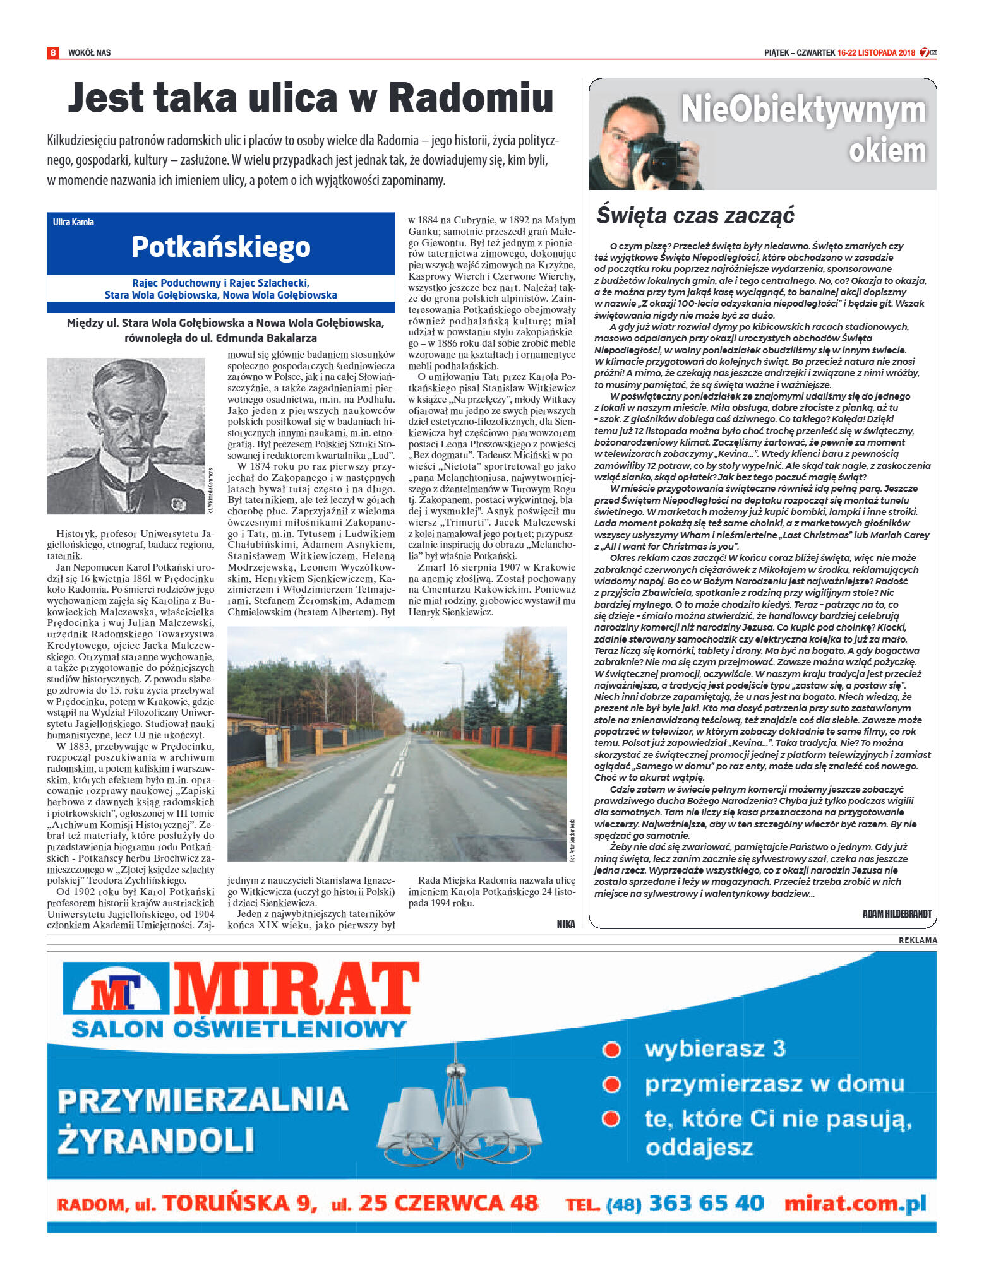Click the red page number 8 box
53,52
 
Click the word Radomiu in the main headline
471,98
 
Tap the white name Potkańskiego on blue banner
220,247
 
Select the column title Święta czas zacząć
695,215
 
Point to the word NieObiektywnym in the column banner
803,110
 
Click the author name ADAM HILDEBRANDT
896,913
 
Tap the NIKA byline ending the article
566,924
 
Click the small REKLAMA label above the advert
918,940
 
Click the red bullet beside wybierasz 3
611,1049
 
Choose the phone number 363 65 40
706,1203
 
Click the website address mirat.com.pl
855,1203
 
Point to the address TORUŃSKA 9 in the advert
240,1203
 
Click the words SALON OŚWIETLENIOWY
239,1029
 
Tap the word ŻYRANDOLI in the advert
155,1141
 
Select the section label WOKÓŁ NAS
89,53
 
